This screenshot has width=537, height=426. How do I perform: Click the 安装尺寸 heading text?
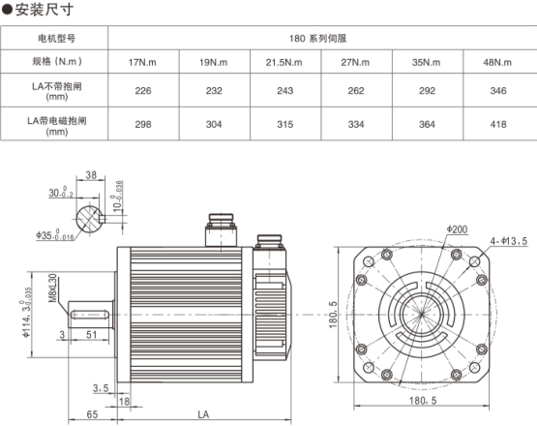tap(45, 10)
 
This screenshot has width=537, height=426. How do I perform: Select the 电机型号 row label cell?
tap(54, 38)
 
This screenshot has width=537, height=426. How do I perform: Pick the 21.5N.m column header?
tap(285, 62)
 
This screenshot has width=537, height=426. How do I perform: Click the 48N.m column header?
tap(498, 62)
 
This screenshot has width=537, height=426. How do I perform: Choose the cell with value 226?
tap(143, 90)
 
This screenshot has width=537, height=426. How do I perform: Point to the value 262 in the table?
tap(356, 90)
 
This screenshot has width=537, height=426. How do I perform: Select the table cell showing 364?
tap(427, 124)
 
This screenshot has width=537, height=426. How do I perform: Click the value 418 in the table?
tap(498, 124)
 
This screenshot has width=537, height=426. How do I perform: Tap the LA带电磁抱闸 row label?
tap(57, 121)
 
